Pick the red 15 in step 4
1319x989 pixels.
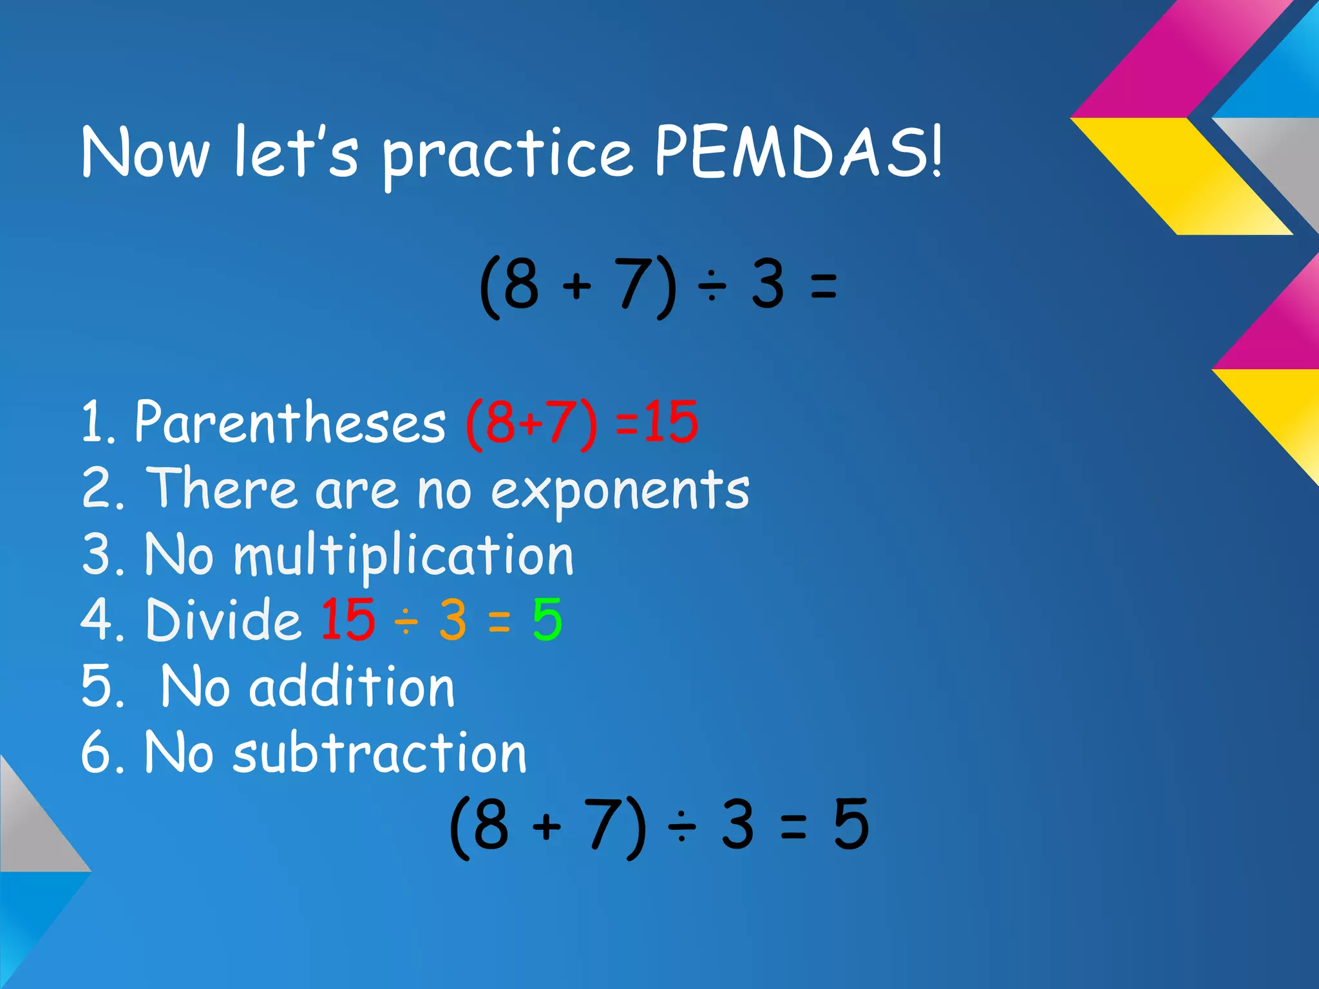(x=348, y=619)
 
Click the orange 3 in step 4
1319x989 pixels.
(x=453, y=619)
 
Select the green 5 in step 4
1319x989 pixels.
(x=547, y=619)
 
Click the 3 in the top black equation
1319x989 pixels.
(x=768, y=285)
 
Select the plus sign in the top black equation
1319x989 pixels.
(x=577, y=286)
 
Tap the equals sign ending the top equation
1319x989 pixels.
(x=824, y=286)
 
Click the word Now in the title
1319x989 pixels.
(x=146, y=153)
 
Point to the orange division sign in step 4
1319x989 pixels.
(x=407, y=622)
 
